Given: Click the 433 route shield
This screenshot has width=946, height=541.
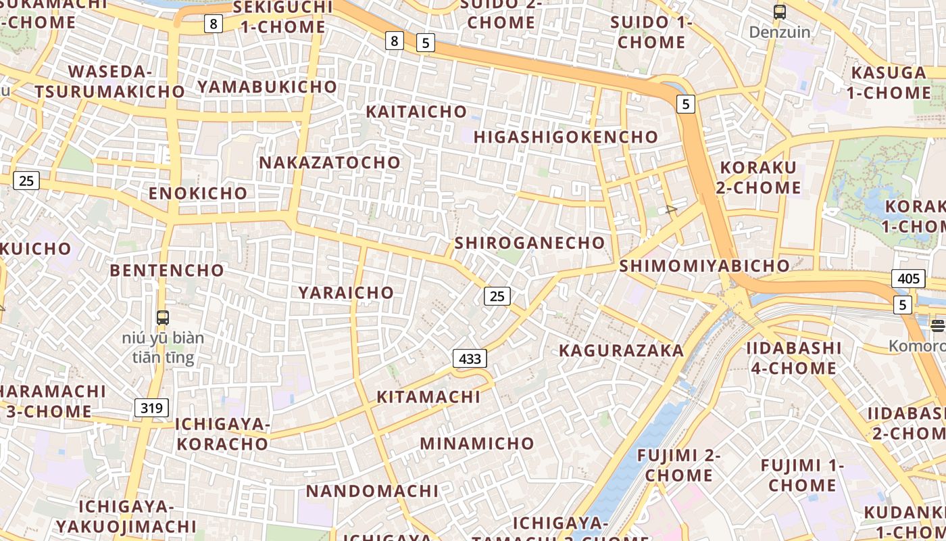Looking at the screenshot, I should point(470,358).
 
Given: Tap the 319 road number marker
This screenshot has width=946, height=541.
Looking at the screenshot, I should point(151,408).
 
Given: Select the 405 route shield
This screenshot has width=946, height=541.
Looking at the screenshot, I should point(908,279).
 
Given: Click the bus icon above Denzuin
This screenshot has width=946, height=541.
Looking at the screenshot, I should point(779,11).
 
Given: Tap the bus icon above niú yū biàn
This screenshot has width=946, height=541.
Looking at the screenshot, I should point(162,317).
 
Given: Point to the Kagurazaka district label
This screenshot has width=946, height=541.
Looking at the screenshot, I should point(621,350).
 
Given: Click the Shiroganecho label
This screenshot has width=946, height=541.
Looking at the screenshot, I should point(530,243).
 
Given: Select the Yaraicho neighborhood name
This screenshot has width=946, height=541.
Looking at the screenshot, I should point(346,292).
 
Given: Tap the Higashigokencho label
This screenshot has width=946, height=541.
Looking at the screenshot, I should point(566,137).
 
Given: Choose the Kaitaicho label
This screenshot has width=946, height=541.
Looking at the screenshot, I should point(416,112).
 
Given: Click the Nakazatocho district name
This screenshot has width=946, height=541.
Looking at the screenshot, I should point(330,162).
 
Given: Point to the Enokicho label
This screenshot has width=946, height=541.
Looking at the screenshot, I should point(198,193).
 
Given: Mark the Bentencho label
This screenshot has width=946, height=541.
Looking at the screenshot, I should point(167,270).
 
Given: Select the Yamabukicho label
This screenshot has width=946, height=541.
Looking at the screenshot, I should point(267,87).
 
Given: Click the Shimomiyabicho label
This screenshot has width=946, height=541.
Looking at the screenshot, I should point(704,266).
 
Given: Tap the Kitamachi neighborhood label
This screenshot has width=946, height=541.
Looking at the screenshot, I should point(428,397).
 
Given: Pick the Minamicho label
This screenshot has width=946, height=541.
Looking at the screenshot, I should point(477,444).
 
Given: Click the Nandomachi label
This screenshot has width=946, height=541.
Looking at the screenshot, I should point(372,490).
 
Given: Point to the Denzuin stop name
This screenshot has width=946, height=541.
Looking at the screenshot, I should point(779,32).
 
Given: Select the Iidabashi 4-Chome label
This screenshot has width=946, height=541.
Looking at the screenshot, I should point(793,358).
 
